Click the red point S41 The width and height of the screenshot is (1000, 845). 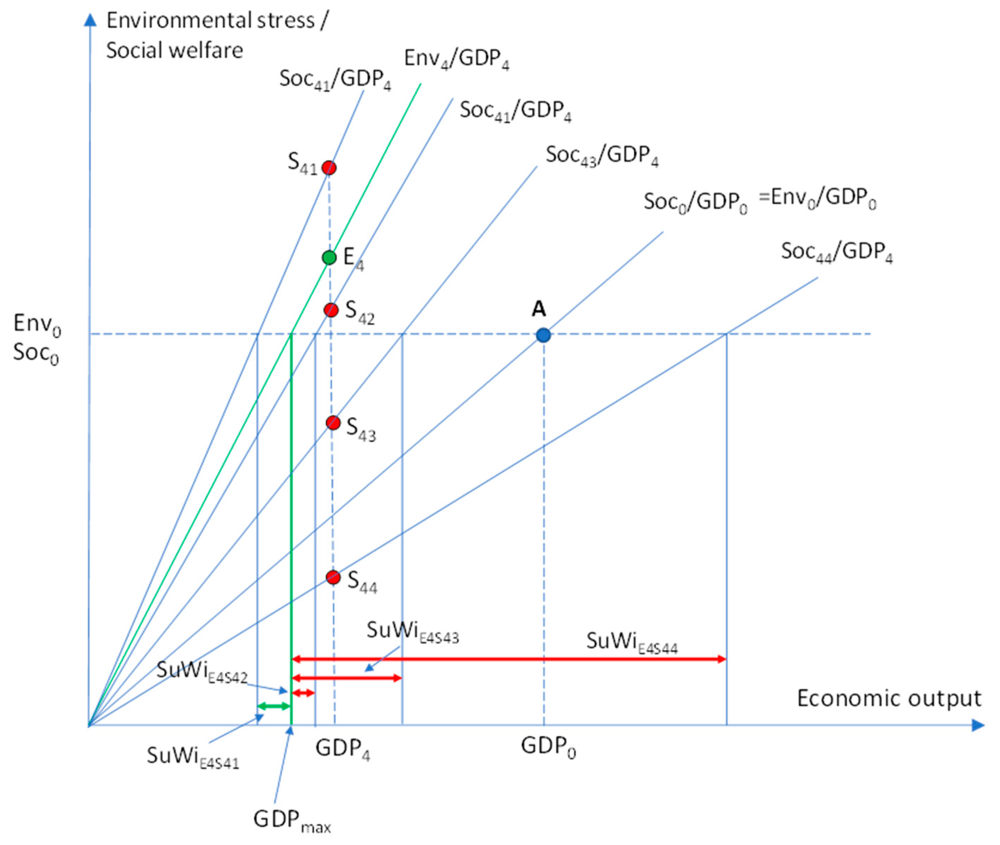point(329,168)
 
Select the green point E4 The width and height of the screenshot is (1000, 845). point(329,258)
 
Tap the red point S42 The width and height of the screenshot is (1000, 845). point(331,310)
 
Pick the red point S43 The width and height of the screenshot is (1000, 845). point(333,422)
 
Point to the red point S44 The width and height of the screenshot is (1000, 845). point(333,577)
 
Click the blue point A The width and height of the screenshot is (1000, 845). point(543,335)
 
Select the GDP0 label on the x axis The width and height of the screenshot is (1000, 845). point(548,747)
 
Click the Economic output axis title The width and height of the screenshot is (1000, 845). point(889,699)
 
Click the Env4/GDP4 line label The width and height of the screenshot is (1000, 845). point(456,59)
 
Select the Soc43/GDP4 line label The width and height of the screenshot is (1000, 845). point(602,156)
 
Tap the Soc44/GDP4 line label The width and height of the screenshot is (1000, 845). point(836,253)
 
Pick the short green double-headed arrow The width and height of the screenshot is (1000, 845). point(274,706)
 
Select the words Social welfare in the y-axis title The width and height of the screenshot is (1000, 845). point(174,50)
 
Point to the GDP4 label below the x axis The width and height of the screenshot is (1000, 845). point(342,749)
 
